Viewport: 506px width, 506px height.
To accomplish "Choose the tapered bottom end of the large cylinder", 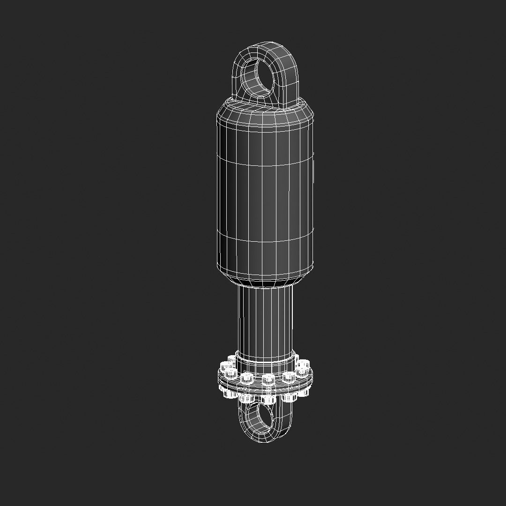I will point(265,278).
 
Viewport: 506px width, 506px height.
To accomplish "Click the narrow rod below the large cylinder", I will point(266,319).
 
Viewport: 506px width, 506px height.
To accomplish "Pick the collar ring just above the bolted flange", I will point(266,358).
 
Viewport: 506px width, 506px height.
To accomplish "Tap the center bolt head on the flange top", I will point(268,379).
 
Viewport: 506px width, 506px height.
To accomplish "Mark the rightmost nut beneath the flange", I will point(305,392).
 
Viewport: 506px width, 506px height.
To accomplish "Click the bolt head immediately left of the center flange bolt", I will point(246,377).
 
